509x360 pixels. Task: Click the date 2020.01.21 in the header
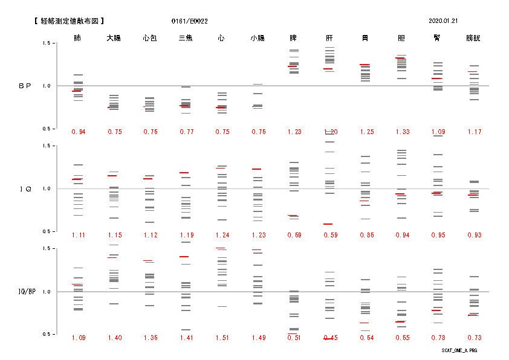(x=443, y=21)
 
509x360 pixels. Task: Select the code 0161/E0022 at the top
(x=189, y=21)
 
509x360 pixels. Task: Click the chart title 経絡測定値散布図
(x=73, y=21)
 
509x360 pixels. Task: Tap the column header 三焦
(x=186, y=38)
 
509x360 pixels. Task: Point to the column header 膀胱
(x=473, y=38)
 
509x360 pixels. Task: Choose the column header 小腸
(x=258, y=38)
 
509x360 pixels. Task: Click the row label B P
(x=25, y=86)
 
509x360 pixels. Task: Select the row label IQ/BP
(x=25, y=292)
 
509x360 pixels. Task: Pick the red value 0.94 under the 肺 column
(x=78, y=132)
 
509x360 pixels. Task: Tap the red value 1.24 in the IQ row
(x=222, y=235)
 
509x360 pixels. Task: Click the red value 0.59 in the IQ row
(x=329, y=235)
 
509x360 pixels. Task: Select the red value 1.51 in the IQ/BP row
(x=222, y=338)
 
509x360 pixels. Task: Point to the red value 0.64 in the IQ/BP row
(x=365, y=338)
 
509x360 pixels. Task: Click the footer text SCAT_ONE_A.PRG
(x=459, y=350)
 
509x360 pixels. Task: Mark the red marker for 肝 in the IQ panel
(x=328, y=224)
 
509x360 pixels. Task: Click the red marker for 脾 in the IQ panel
(x=293, y=216)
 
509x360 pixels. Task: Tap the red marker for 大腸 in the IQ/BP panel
(x=112, y=257)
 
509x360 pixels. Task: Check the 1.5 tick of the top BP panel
(x=46, y=43)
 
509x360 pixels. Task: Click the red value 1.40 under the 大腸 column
(x=114, y=338)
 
